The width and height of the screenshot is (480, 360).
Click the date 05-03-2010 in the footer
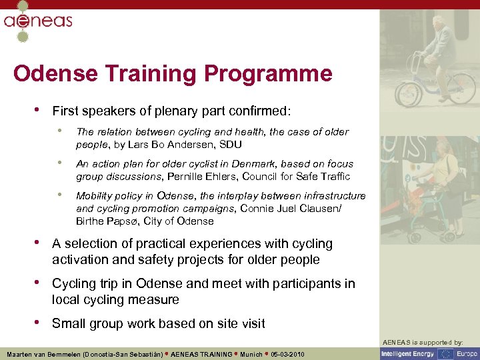(287, 354)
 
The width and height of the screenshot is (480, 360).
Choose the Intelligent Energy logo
(408, 354)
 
